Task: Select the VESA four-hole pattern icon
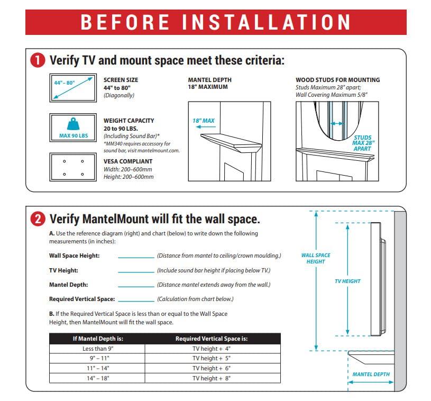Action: coord(73,167)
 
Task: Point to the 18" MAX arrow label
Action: coord(204,121)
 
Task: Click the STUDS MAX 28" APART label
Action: coord(363,143)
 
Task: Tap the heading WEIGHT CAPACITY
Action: coord(129,121)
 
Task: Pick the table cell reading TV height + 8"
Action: coord(212,378)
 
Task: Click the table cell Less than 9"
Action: coord(97,349)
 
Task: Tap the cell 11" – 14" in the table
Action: coord(97,368)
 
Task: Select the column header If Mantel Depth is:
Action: coord(97,339)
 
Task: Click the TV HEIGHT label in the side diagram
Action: coord(347,281)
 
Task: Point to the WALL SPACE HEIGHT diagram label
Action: coord(316,258)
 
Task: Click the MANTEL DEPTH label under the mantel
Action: coord(371,375)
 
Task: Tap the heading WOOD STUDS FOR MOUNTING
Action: coord(337,80)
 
